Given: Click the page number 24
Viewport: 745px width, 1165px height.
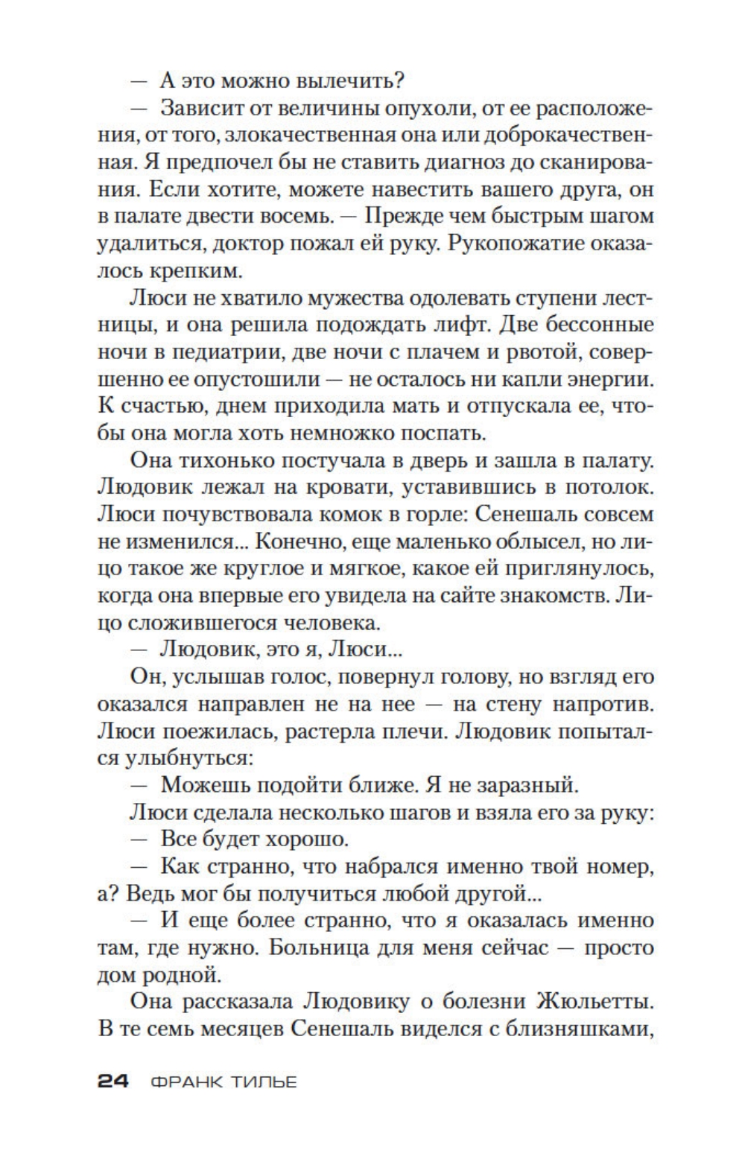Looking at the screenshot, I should coord(113,1082).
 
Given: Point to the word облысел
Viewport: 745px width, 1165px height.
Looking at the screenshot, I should coord(511,542).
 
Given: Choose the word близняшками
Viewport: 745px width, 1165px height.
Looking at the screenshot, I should coord(580,1028).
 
